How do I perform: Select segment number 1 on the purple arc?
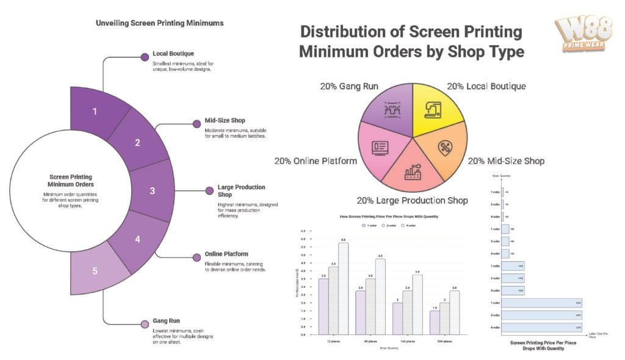click(95, 111)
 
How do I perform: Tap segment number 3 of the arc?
click(153, 190)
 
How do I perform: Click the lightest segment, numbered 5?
click(95, 271)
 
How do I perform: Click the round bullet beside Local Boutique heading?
click(145, 57)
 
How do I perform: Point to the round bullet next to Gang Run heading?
click(145, 324)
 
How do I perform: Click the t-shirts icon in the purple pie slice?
click(391, 109)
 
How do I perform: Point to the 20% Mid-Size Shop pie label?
click(506, 162)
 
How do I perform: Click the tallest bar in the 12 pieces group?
click(343, 288)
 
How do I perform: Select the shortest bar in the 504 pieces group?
click(433, 322)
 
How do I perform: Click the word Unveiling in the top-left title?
click(112, 23)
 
